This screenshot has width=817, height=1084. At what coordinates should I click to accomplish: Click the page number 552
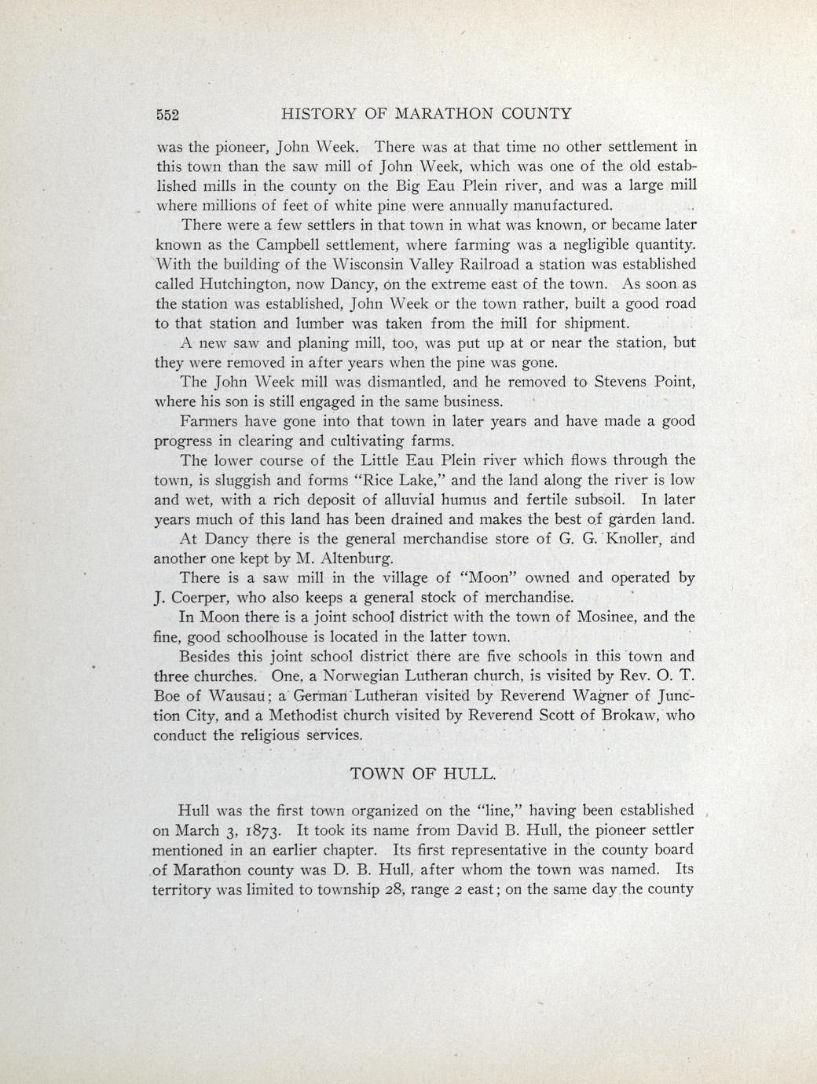point(168,115)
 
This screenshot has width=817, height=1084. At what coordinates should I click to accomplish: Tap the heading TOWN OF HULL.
point(423,773)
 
